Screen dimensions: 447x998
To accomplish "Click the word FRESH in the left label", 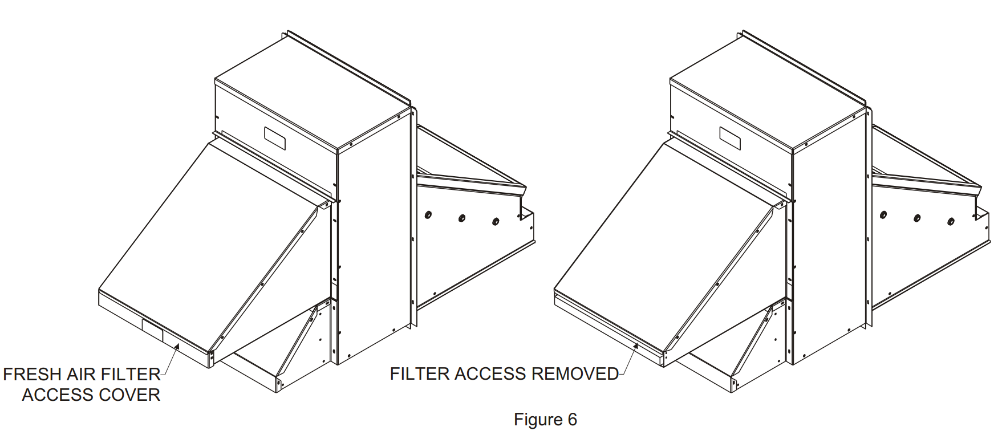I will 33,375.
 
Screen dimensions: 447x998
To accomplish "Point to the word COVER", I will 131,395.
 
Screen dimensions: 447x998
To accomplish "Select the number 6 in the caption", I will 573,420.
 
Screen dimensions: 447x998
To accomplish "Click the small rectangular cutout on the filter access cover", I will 152,331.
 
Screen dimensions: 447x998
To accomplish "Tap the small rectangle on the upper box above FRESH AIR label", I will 274,139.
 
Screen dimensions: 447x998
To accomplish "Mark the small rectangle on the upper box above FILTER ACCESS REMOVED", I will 729,139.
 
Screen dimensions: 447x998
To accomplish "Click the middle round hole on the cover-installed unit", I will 462,218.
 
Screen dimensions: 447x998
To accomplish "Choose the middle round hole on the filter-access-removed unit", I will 917,218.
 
